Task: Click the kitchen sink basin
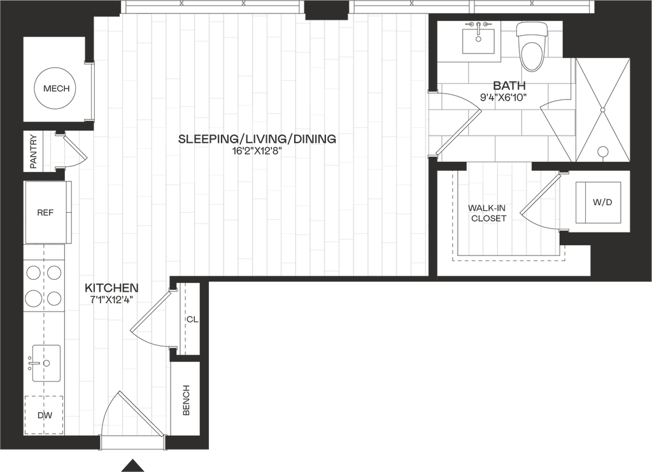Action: [x=46, y=362]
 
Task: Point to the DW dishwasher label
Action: [x=44, y=415]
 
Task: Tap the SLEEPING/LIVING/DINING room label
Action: [x=256, y=139]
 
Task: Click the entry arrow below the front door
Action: [x=132, y=465]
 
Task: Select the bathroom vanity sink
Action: [x=478, y=38]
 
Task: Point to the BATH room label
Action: [x=507, y=85]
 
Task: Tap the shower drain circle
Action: [x=602, y=152]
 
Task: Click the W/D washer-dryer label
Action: [x=602, y=203]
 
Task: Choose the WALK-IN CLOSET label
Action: [x=488, y=213]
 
